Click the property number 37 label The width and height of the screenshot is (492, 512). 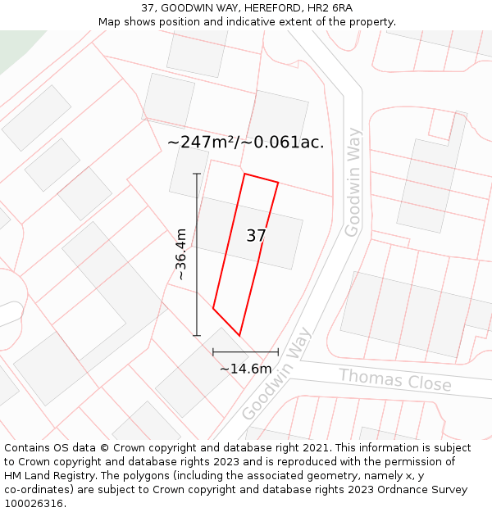click(256, 236)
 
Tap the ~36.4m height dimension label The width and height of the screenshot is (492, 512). click(181, 255)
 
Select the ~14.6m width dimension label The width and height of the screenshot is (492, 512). click(245, 369)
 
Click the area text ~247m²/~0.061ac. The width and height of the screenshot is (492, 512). click(245, 142)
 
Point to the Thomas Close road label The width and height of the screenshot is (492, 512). click(394, 380)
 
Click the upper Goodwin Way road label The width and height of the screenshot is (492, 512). click(353, 182)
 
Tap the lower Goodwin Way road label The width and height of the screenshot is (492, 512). click(277, 374)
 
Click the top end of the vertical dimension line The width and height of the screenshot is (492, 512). click(197, 174)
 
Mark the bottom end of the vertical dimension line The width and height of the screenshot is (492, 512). click(197, 335)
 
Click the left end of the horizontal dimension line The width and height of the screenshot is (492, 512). click(213, 352)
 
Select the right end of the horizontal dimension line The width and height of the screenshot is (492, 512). click(278, 352)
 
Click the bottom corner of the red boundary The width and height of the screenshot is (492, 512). click(239, 335)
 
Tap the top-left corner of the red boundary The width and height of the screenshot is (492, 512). click(244, 174)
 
